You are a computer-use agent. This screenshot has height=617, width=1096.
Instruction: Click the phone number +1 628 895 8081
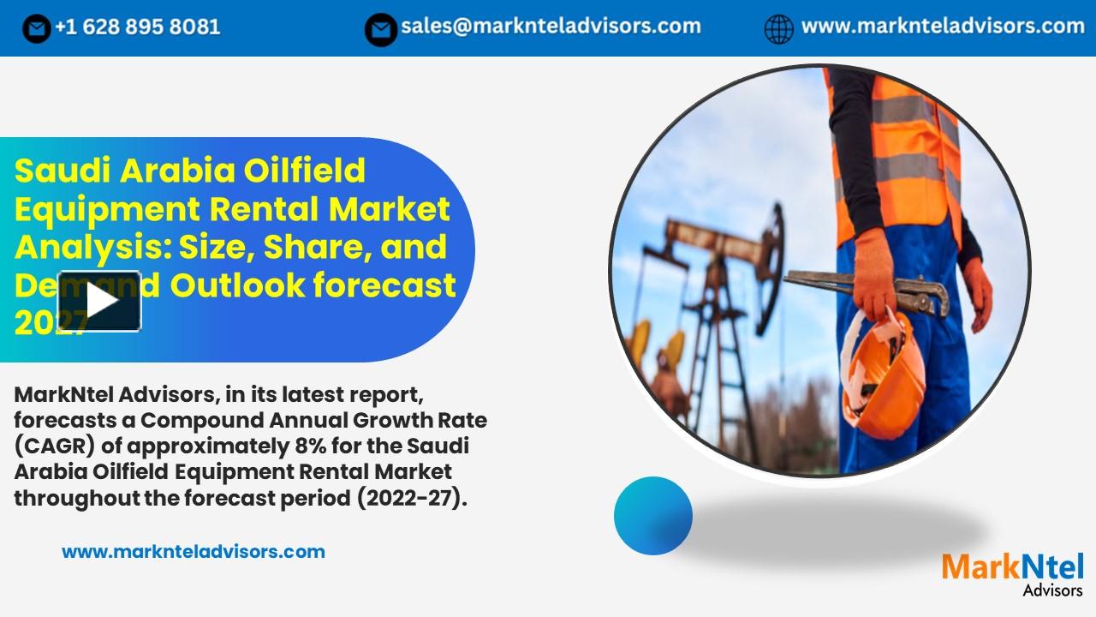(137, 27)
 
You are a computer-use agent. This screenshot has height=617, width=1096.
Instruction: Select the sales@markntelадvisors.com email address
(551, 27)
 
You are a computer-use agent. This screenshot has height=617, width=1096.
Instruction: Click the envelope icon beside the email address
(380, 29)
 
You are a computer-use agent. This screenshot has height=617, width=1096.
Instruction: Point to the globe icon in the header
(778, 29)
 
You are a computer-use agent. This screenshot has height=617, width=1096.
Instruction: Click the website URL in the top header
(943, 27)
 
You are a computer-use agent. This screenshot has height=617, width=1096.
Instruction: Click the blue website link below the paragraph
(194, 552)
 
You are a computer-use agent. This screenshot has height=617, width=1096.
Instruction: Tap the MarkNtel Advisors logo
(1012, 572)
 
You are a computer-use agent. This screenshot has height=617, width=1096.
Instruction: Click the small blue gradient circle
(652, 516)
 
